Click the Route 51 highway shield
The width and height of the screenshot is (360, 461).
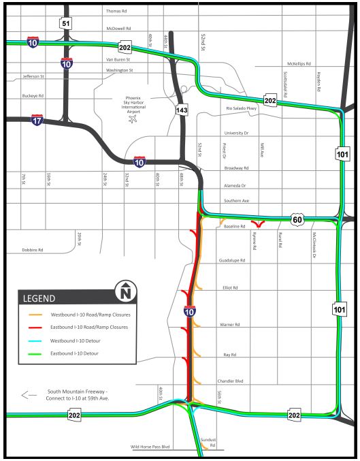65,24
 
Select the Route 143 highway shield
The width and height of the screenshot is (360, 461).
180,109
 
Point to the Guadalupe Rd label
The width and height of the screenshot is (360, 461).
232,260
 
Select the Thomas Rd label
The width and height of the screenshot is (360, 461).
116,12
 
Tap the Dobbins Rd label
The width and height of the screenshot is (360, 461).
32,250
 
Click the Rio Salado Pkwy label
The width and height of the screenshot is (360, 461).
240,108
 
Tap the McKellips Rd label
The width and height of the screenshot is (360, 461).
299,63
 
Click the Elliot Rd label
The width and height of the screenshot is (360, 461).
230,288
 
